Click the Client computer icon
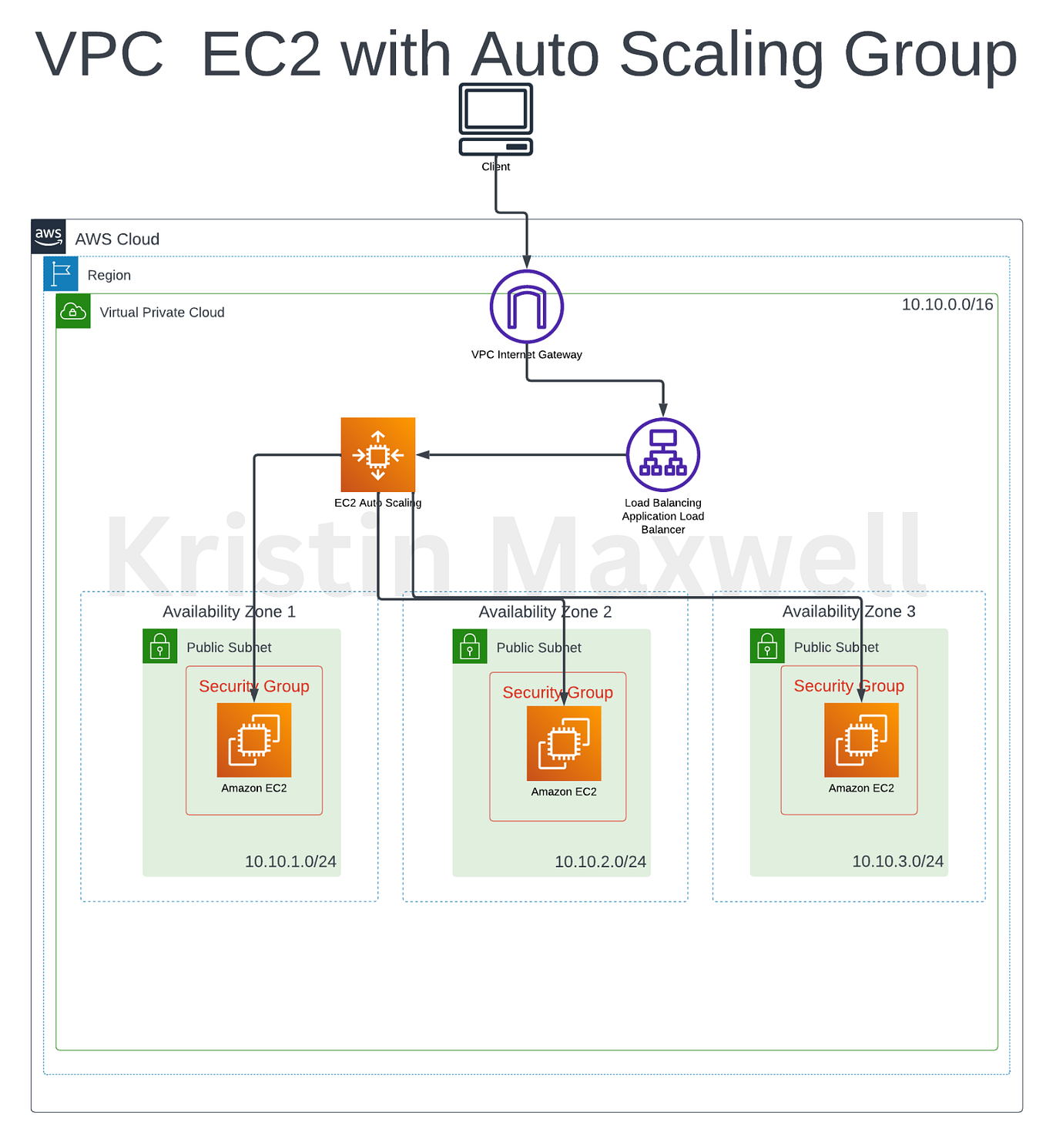click(x=495, y=119)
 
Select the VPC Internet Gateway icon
click(x=527, y=306)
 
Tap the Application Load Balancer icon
click(x=662, y=455)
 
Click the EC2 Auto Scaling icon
click(x=377, y=455)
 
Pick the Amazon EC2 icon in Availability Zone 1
click(x=254, y=740)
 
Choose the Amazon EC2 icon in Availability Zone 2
click(x=564, y=744)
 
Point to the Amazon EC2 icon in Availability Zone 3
click(x=861, y=740)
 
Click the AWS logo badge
click(x=48, y=236)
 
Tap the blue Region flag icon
click(x=61, y=274)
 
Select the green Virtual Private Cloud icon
click(x=73, y=311)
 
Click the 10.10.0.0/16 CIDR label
click(x=947, y=305)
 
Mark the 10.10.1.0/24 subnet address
click(x=290, y=862)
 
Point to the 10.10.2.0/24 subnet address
click(x=600, y=862)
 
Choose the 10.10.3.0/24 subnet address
click(x=897, y=862)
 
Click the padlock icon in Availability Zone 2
click(x=469, y=646)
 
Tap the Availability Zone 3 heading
click(x=848, y=611)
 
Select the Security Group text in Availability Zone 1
click(x=254, y=686)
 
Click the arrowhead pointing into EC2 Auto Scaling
click(x=423, y=455)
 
